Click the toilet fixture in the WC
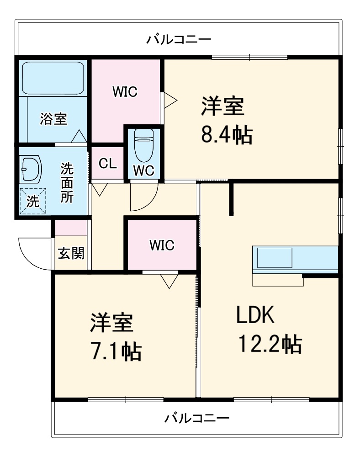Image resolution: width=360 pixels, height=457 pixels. point(143,145)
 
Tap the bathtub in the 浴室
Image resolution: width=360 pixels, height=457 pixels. point(53,78)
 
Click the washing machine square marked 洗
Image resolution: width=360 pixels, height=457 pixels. point(32,202)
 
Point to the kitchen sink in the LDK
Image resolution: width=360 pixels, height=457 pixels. point(275,258)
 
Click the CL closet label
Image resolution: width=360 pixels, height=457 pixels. point(108,164)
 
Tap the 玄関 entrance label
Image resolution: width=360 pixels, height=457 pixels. point(71,253)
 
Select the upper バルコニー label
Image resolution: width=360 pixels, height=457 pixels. point(179,39)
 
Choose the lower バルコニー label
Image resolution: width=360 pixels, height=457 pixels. point(197,418)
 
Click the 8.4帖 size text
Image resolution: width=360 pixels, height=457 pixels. point(227,135)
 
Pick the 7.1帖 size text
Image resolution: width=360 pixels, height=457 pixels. point(116,351)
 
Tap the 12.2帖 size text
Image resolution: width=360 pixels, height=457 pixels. point(270,344)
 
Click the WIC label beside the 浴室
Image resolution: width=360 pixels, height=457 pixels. point(125,92)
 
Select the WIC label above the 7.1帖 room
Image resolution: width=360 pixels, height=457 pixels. point(162,245)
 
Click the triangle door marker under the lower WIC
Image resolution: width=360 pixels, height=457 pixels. point(169,281)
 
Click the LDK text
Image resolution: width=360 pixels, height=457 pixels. point(255,315)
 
